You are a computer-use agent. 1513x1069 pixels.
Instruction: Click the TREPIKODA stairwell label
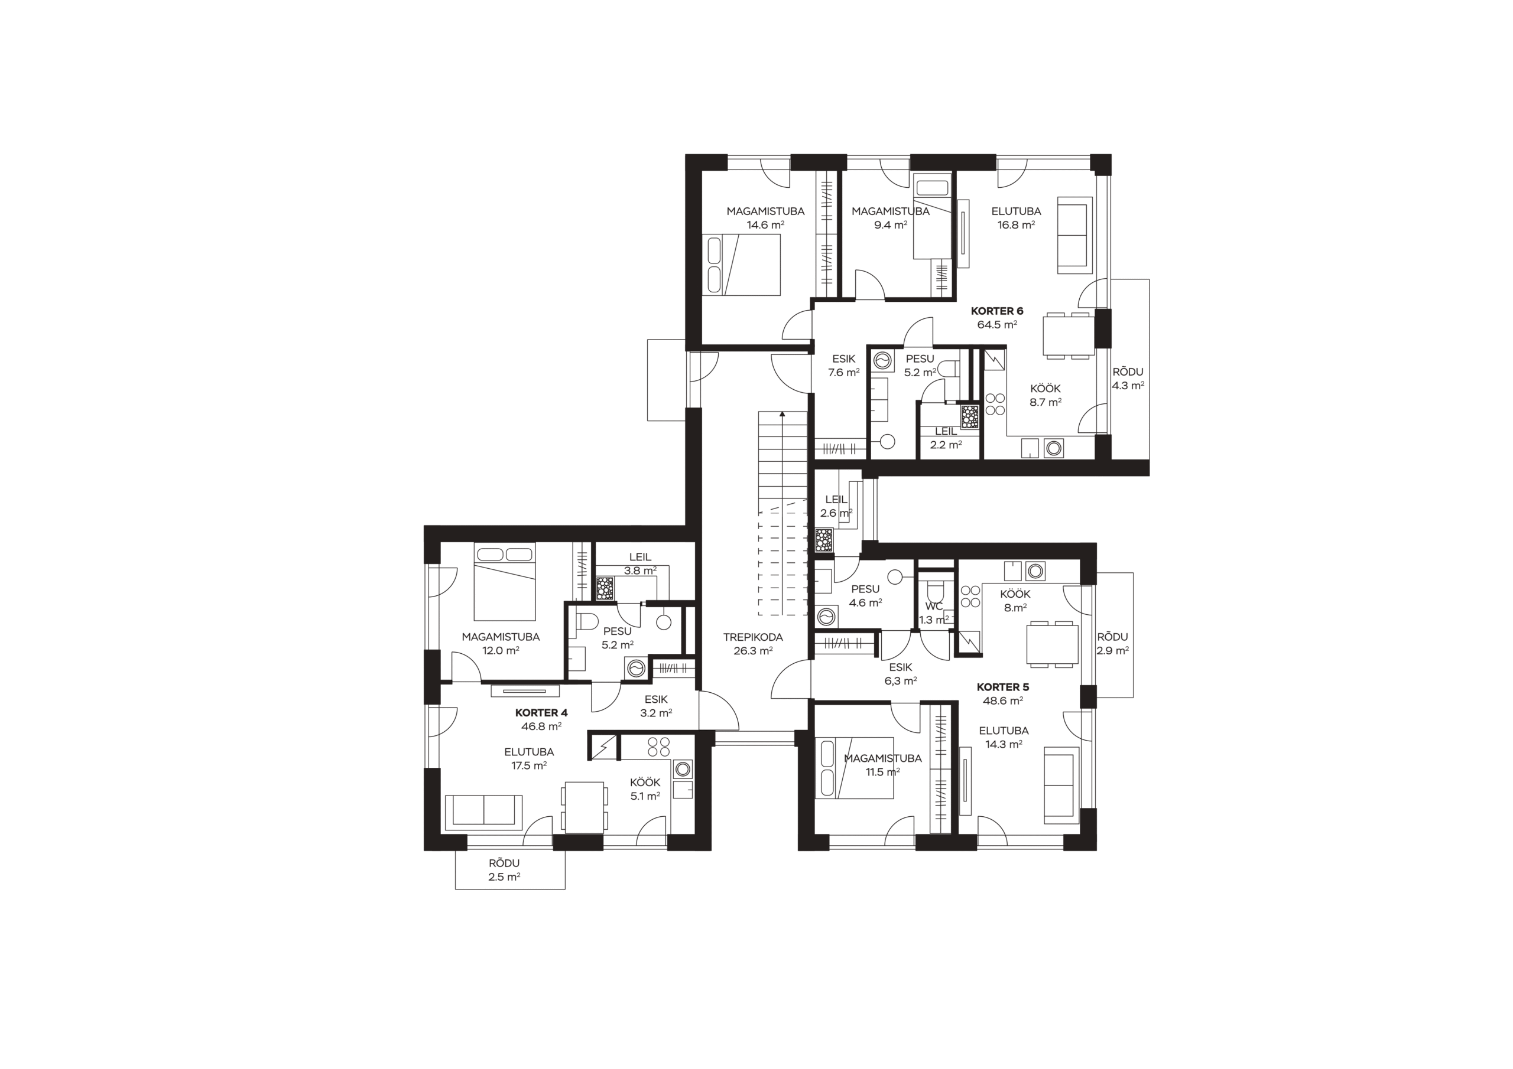coord(752,644)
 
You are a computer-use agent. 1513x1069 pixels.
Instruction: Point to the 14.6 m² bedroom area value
coord(765,225)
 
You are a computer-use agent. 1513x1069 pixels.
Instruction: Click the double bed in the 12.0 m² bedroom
coord(505,581)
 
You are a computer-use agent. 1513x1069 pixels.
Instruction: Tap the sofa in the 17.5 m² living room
coord(483,812)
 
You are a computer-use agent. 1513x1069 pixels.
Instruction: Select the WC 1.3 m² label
coord(934,613)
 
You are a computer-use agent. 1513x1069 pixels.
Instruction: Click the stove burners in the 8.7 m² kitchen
coord(995,405)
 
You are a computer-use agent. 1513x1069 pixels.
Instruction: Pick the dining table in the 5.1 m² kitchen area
coord(584,807)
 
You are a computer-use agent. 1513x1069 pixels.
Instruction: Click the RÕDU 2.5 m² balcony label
coord(504,870)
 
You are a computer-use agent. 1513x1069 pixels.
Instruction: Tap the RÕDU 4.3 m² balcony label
coord(1128,379)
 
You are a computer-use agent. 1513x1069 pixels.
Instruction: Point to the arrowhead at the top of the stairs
coord(782,414)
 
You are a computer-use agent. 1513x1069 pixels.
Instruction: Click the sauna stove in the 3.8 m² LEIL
coord(605,588)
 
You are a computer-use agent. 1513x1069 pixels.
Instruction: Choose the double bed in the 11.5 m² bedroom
coord(854,768)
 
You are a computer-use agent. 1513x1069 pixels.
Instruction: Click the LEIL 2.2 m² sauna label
coord(946,438)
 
